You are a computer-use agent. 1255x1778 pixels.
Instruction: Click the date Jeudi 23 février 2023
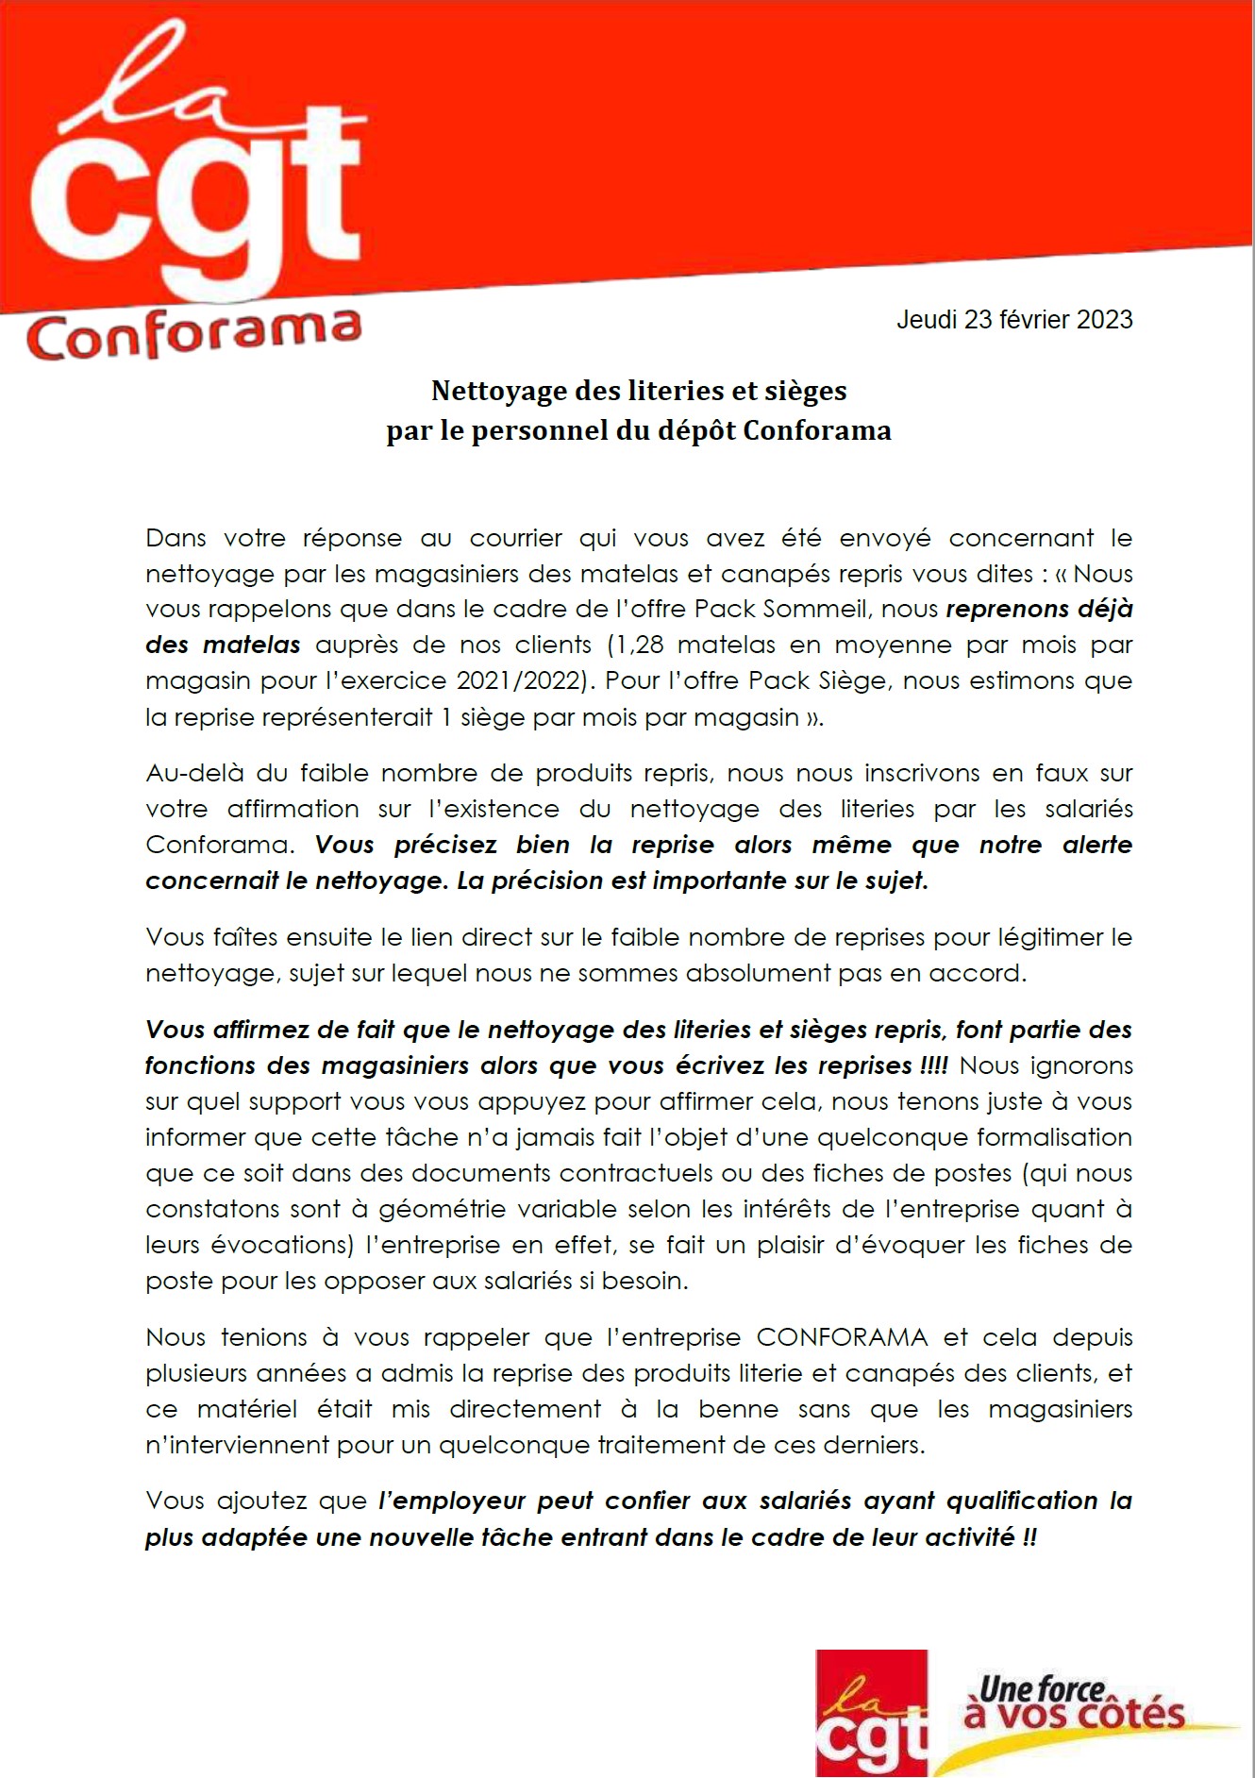click(x=1014, y=320)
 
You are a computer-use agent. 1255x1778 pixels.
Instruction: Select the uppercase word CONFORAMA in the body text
click(x=842, y=1338)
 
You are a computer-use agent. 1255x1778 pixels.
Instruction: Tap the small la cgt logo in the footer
click(x=871, y=1713)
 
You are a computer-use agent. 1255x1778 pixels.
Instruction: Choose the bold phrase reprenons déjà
click(x=1038, y=610)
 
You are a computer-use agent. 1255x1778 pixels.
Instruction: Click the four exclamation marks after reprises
click(x=933, y=1066)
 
